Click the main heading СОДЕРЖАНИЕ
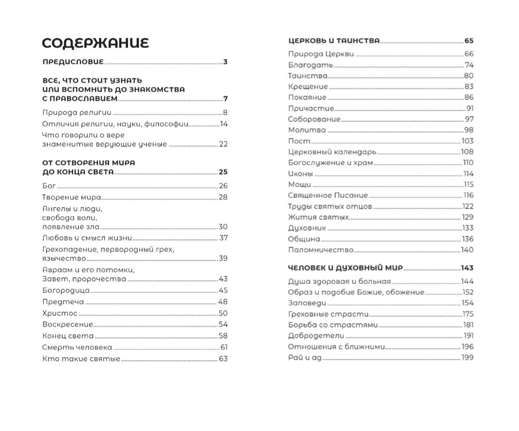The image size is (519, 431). point(95,43)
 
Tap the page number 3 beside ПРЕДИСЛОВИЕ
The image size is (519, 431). point(225,63)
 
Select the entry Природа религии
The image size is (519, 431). point(76,113)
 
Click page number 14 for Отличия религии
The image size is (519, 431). point(223,124)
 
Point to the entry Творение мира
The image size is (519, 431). point(71,197)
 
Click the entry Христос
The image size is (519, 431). point(59,313)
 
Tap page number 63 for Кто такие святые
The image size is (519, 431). point(223,359)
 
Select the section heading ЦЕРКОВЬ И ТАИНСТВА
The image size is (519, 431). point(334,40)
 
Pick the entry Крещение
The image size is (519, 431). point(308,87)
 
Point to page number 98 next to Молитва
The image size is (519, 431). point(469,130)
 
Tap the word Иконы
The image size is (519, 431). point(300,174)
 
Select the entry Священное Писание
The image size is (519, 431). point(328,195)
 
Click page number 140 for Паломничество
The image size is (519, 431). point(467,250)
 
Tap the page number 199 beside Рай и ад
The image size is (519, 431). point(467,358)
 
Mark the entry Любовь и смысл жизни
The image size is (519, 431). point(87,238)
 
